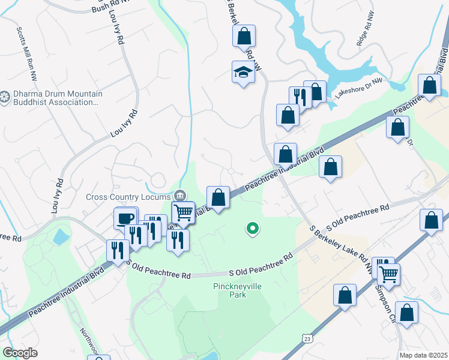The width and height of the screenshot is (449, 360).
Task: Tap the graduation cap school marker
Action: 243,73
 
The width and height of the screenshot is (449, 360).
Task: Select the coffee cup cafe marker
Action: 125,218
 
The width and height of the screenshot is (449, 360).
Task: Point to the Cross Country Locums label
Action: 128,196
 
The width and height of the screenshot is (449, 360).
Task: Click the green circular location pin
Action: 253,228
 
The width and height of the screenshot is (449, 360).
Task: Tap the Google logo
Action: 20,353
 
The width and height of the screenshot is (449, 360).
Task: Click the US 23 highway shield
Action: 307,339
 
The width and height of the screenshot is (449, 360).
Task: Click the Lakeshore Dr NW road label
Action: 358,89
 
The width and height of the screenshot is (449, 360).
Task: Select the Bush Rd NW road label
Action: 112,7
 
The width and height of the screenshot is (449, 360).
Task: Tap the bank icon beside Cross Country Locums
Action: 179,196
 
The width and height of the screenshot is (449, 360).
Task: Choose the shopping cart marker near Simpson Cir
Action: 389,274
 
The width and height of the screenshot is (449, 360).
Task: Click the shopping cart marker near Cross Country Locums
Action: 183,212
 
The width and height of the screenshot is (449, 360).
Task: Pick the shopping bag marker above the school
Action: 244,36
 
